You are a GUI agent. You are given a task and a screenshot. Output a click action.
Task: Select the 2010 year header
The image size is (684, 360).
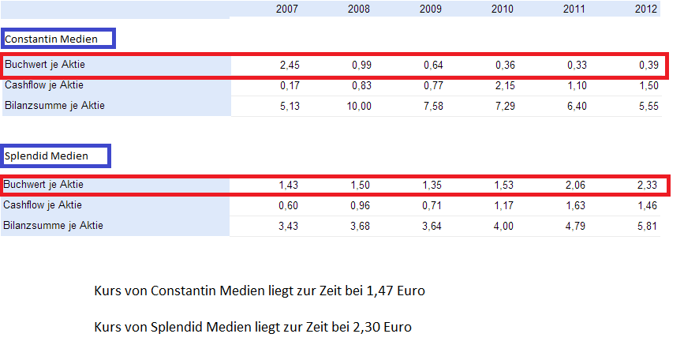click(502, 9)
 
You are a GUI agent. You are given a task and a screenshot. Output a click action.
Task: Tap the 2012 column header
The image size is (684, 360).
click(647, 9)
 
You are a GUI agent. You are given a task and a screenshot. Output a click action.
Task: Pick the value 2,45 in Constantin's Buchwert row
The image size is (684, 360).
click(290, 65)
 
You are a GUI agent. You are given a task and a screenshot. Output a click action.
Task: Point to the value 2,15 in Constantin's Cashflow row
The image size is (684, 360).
click(504, 85)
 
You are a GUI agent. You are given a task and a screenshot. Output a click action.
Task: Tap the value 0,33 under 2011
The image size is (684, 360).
click(577, 65)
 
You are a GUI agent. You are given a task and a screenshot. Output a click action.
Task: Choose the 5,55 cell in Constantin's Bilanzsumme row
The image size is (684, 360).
click(648, 106)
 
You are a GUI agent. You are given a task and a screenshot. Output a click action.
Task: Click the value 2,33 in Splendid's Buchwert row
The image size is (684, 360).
click(648, 185)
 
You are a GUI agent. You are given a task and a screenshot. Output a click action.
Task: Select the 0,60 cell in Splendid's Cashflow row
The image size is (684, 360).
click(290, 205)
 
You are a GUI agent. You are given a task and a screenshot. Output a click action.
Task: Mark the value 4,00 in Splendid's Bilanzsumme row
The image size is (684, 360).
click(504, 226)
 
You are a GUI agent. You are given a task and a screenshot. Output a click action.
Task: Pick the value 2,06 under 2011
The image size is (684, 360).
click(577, 185)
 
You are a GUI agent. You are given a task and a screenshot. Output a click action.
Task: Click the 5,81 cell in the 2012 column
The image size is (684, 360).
click(648, 226)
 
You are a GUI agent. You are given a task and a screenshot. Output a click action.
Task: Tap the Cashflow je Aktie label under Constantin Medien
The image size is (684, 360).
click(43, 85)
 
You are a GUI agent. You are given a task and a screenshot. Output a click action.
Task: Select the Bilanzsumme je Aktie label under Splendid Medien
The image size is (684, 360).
click(54, 226)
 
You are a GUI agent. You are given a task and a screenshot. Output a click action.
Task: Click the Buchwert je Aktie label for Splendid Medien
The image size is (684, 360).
click(43, 185)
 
